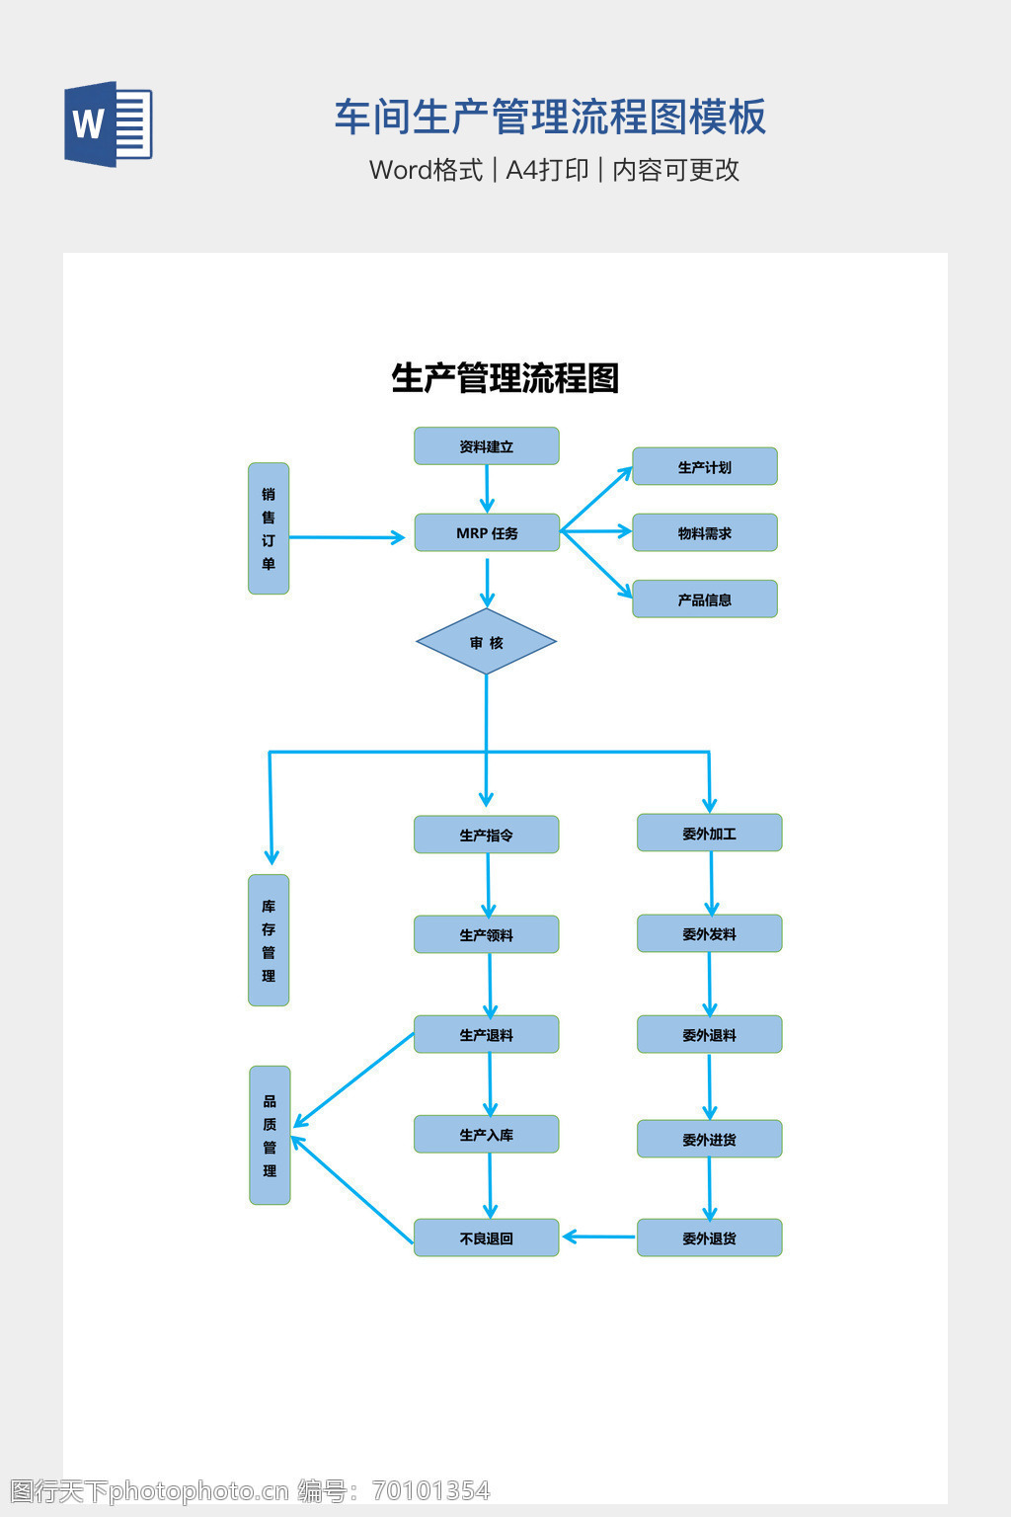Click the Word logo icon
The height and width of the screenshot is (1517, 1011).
coord(109,123)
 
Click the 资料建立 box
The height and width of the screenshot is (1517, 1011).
coord(487,446)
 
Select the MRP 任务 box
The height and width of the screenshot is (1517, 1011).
coord(487,532)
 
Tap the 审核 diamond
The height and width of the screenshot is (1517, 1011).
coord(487,642)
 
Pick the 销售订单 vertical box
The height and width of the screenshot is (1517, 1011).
coord(269,528)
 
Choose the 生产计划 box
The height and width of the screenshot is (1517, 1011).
coord(705,467)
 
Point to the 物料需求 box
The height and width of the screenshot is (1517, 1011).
coord(705,533)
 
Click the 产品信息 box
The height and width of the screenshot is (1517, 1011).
coord(705,599)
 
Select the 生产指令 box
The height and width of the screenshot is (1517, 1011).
coord(487,835)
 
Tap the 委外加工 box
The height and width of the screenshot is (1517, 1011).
coord(710,834)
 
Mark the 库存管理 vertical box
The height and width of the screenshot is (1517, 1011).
coord(269,940)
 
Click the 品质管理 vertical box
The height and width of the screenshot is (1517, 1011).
coord(270,1136)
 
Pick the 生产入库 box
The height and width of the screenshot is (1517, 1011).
coord(487,1135)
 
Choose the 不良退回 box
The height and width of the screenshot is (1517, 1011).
coord(487,1238)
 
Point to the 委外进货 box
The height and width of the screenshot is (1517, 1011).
coord(710,1139)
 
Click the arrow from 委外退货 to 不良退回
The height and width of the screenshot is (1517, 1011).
coord(598,1237)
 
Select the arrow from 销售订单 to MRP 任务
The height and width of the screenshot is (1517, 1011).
coord(346,537)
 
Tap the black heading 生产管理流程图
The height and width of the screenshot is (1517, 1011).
coord(505,378)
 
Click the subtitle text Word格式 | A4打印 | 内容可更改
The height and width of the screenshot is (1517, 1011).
coord(554,170)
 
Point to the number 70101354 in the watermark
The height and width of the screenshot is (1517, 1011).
coord(430,1490)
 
